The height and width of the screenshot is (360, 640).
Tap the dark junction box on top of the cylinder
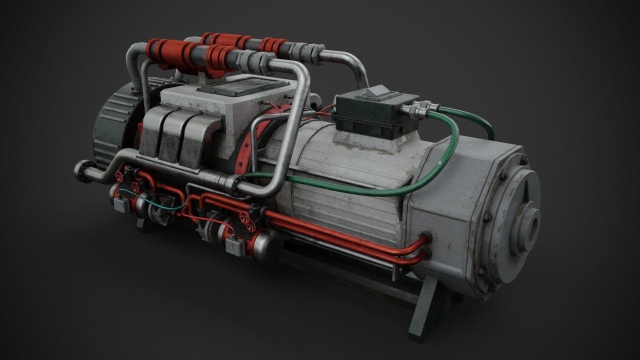click(x=376, y=117)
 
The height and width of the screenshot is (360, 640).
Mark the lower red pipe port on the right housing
click(x=426, y=255)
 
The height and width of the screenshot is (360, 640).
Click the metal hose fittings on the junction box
click(x=420, y=108)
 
